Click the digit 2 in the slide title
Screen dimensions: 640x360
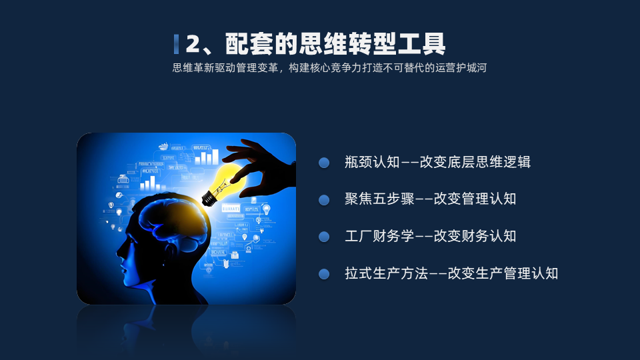(x=193, y=44)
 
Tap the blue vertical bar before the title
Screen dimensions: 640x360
(x=176, y=44)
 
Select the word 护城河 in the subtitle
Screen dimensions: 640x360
(x=471, y=68)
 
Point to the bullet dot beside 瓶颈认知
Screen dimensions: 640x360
(x=324, y=163)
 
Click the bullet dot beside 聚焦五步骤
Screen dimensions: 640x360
(x=324, y=200)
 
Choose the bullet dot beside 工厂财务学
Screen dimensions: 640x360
(x=324, y=237)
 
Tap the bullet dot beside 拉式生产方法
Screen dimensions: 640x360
(x=324, y=274)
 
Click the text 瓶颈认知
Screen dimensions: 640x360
(x=372, y=162)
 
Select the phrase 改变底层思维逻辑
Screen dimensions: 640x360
(x=475, y=162)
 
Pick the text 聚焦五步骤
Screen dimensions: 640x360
(x=379, y=199)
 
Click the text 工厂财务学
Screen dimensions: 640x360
(x=379, y=236)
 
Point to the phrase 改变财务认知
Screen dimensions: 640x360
(x=475, y=236)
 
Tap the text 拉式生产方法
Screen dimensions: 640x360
(x=386, y=273)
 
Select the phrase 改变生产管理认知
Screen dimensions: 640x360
(x=503, y=273)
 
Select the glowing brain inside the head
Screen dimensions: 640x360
(x=173, y=219)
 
